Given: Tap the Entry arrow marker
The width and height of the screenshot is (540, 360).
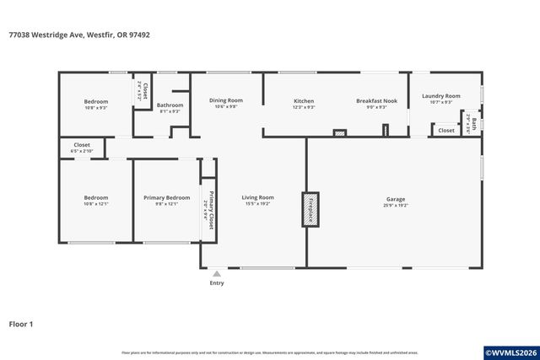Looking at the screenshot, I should pos(217,273).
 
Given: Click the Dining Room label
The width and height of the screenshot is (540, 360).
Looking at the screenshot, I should pos(225,100).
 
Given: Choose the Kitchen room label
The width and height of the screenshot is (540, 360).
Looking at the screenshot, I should pos(304,100).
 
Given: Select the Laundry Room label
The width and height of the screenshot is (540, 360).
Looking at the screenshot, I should pos(440,96).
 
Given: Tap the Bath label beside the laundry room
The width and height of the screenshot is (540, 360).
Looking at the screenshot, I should pos(473,125).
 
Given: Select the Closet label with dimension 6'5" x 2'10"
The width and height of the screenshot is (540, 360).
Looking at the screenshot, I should pos(82,145).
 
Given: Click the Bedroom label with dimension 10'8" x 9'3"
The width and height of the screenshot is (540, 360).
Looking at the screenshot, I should pos(95,101).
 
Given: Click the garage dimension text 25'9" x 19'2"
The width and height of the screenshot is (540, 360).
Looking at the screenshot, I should pos(396,204).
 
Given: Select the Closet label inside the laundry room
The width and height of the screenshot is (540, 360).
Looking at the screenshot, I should pos(445,131).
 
